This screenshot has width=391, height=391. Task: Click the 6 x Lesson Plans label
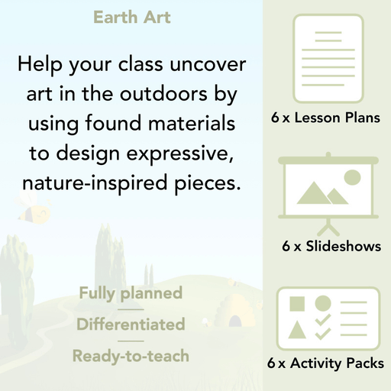click(x=325, y=118)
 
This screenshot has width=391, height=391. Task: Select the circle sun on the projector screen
click(x=352, y=178)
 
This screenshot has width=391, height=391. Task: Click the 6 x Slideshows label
click(x=331, y=247)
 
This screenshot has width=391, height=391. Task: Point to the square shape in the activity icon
click(x=297, y=303)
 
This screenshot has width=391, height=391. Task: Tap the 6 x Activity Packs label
click(x=325, y=364)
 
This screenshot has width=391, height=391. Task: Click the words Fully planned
click(x=131, y=293)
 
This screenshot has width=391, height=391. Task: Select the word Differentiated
click(x=131, y=325)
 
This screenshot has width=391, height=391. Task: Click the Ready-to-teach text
click(x=131, y=356)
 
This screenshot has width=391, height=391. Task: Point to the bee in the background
click(x=31, y=212)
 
